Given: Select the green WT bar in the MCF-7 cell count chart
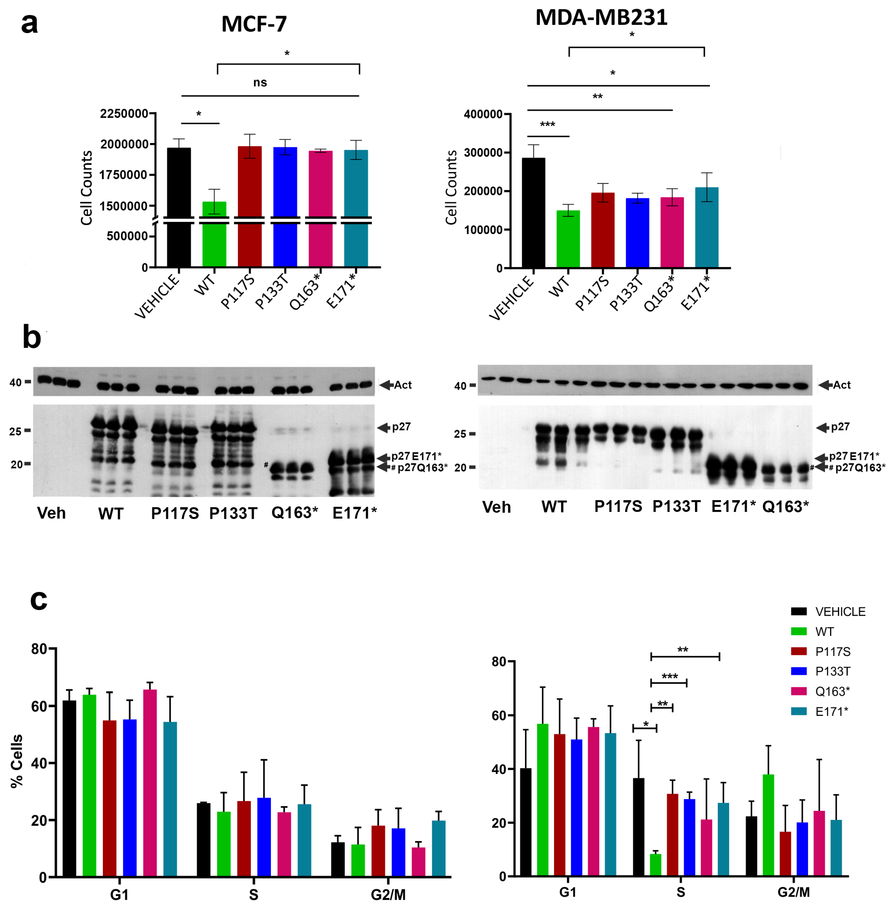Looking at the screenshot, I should click(x=214, y=234).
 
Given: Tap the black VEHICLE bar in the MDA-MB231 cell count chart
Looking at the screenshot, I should click(x=534, y=213).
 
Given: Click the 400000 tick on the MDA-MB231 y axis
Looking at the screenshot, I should click(x=483, y=114).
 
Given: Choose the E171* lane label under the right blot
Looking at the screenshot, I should click(x=733, y=507).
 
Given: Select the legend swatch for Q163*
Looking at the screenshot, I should click(x=799, y=691).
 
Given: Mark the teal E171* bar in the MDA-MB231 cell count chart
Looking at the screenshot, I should click(x=706, y=227).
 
